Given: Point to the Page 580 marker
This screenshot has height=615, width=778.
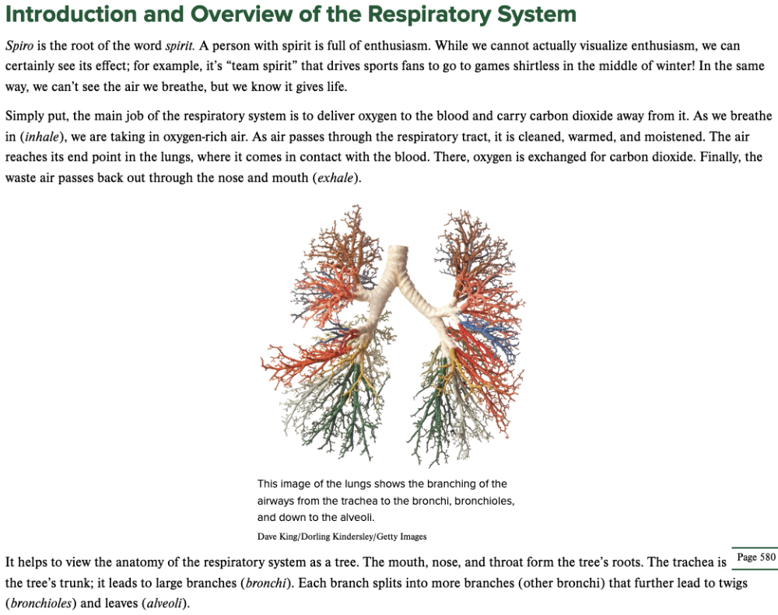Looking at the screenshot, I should click(x=755, y=557).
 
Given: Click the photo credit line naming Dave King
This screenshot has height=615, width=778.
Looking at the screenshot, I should click(x=342, y=536).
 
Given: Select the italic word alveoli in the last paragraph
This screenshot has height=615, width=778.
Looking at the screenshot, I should click(x=163, y=603).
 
